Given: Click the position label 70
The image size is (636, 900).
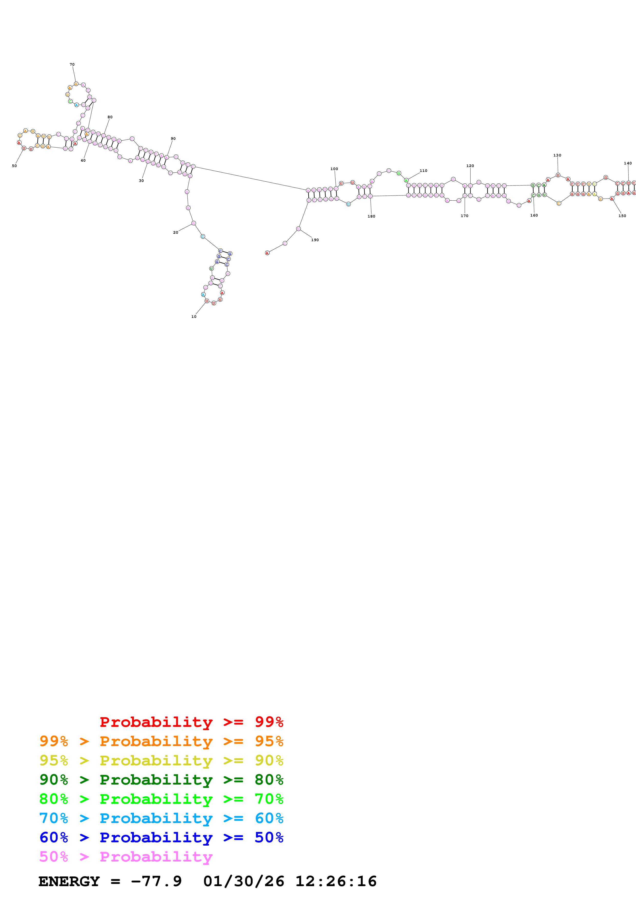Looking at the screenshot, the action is [72, 64].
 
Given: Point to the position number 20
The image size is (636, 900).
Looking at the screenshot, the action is [175, 232].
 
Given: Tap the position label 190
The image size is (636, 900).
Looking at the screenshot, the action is [315, 240].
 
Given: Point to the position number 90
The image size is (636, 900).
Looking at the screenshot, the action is [173, 138].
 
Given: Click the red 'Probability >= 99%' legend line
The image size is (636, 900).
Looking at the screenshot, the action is [191, 722].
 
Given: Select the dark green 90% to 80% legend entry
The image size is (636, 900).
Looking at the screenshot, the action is [161, 780].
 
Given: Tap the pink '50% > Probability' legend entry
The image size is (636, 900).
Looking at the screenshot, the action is [126, 856].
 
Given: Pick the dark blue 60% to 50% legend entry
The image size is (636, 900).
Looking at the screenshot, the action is [161, 837].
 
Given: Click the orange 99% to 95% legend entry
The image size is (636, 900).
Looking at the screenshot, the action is [161, 741].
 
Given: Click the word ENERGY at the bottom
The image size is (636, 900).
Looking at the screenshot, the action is [69, 881].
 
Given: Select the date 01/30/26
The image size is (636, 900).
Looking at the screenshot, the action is [243, 881].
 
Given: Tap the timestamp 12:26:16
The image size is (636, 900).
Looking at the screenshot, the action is [336, 881].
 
